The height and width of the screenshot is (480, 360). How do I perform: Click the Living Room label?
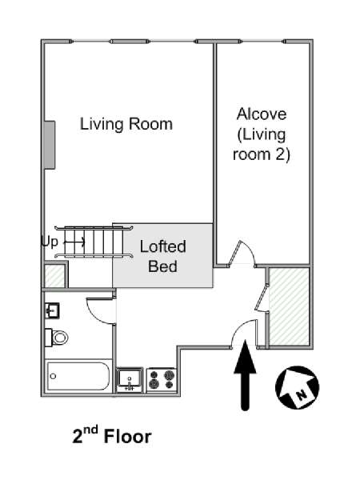(126, 124)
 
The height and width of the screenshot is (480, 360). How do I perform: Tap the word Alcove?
(262, 114)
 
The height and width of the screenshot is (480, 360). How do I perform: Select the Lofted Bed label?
(163, 256)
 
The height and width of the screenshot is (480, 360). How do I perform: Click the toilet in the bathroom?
(57, 338)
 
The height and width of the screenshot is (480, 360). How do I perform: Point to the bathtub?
(78, 376)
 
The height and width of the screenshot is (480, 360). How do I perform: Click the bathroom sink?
(52, 310)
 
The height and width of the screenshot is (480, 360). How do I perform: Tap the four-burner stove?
(162, 379)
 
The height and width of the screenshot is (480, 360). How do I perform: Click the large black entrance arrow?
(245, 375)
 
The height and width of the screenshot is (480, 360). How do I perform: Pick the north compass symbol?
(298, 387)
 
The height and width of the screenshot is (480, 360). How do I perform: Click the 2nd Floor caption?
(112, 435)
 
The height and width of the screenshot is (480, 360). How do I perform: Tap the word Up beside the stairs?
(50, 242)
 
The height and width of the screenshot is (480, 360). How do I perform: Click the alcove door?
(242, 254)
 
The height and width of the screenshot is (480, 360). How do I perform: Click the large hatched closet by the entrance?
(288, 306)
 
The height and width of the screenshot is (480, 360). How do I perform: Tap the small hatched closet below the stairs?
(54, 276)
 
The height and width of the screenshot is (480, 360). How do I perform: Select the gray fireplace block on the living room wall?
(50, 145)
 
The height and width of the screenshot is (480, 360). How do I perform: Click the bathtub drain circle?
(54, 376)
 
